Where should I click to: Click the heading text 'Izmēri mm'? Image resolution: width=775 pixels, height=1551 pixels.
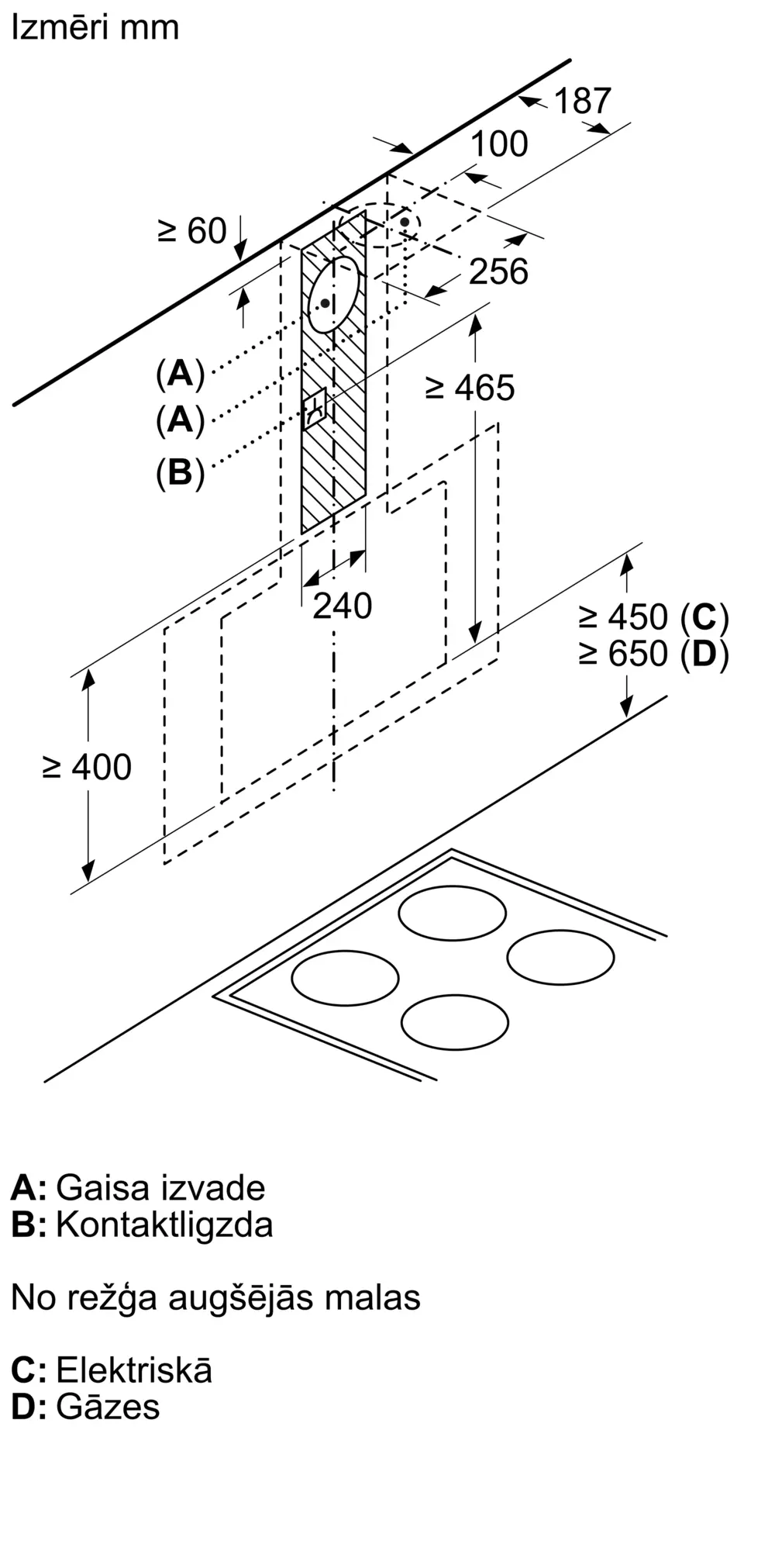pos(95,28)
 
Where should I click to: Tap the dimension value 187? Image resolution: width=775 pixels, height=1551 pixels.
pos(583,101)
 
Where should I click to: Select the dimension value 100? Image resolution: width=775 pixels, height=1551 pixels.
pos(499,143)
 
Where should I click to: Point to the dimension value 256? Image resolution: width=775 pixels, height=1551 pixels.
pos(498,271)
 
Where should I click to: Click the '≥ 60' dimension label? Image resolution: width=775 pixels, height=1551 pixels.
pos(192,231)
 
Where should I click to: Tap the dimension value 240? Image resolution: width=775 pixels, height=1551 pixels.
pos(342,606)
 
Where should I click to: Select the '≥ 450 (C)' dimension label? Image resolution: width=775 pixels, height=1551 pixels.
pos(653,617)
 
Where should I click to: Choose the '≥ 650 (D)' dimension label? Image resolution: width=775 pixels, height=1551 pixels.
pos(653,654)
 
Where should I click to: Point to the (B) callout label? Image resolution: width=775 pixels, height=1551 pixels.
pos(180,472)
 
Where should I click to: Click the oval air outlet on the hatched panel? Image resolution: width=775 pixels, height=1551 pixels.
pos(334,294)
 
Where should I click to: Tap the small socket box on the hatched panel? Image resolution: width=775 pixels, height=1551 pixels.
pos(317,408)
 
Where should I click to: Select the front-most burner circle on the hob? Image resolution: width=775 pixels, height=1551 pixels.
pos(455,1022)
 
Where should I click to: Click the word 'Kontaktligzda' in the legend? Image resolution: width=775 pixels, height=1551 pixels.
pos(164,1225)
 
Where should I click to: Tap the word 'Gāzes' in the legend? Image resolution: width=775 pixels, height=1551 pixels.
pos(108,1406)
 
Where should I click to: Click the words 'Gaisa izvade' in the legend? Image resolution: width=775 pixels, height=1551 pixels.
pos(160,1187)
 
